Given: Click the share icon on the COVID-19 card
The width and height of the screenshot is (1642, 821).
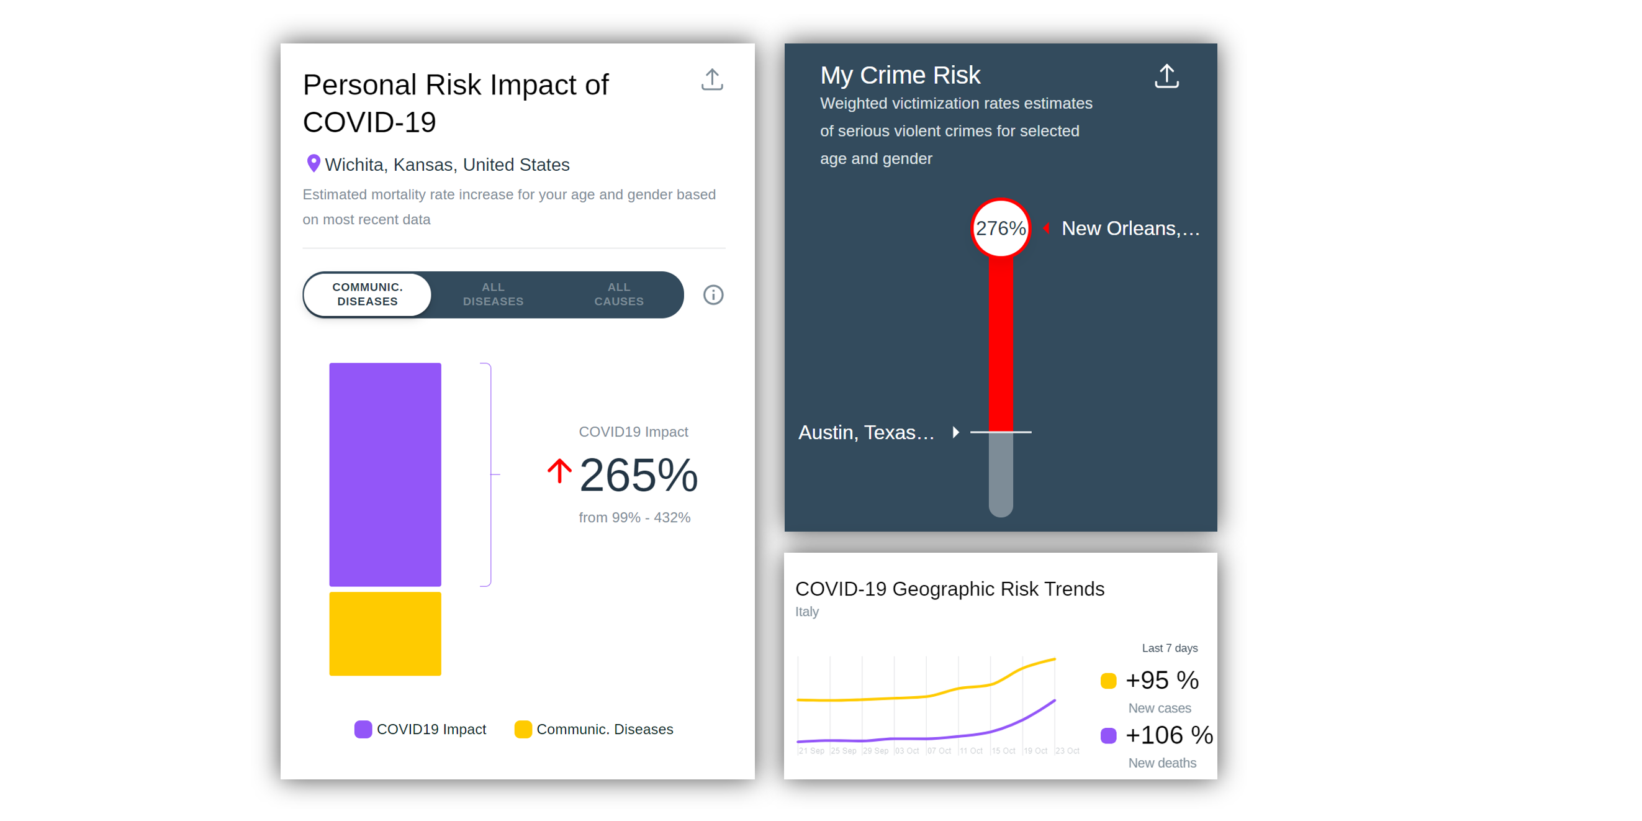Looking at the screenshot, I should [711, 80].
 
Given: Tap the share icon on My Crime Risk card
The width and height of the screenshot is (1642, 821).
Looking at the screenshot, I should [1166, 76].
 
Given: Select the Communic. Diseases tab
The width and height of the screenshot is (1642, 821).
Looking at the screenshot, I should [367, 294].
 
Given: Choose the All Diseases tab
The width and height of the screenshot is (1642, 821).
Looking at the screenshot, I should [493, 294].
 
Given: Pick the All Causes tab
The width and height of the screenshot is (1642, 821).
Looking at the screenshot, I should [618, 294].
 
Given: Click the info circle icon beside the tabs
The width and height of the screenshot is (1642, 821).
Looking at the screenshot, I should [713, 295].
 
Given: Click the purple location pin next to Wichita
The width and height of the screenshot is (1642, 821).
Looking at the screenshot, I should [313, 164].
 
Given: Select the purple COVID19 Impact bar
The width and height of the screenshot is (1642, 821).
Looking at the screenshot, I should [385, 474].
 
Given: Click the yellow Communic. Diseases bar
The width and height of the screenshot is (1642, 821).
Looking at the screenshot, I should [385, 633].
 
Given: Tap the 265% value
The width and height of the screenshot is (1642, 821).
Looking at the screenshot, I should [638, 476].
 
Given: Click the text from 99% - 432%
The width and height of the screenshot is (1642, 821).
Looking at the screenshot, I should [634, 517].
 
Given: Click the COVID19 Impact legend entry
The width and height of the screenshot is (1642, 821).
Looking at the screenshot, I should [421, 729].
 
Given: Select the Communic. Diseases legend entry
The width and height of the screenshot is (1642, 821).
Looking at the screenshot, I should [594, 729].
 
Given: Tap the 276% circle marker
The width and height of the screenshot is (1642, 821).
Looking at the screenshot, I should [1000, 228].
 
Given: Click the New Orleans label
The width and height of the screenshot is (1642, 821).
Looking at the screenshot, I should [1129, 228].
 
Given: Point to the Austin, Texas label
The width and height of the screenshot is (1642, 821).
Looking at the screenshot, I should [865, 433].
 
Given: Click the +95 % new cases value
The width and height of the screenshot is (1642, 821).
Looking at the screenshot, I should [1162, 680].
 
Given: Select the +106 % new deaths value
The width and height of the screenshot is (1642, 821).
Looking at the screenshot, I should [1168, 735].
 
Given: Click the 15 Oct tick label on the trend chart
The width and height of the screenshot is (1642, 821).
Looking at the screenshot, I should [1003, 751].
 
